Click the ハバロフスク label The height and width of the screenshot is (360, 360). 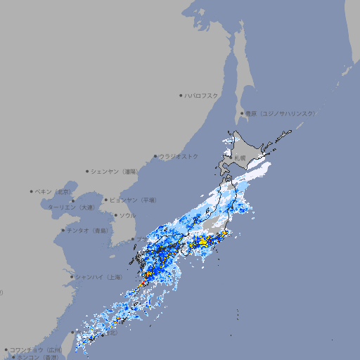(x=202, y=95)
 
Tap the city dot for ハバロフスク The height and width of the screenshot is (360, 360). (x=181, y=95)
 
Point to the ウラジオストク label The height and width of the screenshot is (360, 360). (x=179, y=156)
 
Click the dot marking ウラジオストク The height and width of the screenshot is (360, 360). (x=155, y=156)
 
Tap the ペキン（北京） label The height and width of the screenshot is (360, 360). (x=53, y=191)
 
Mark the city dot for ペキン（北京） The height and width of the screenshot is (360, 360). (x=32, y=191)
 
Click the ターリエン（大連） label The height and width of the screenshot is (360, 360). (x=71, y=208)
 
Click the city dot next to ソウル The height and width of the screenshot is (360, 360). (x=115, y=215)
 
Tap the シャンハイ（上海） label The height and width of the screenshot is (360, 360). (x=98, y=277)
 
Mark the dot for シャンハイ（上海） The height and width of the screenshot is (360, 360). (x=72, y=277)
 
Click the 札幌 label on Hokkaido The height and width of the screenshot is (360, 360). (x=240, y=158)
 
